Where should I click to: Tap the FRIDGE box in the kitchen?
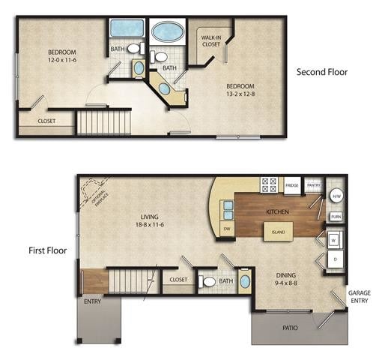pyautogui.click(x=291, y=185)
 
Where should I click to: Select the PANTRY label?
pyautogui.click(x=313, y=184)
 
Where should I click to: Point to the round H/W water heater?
pyautogui.click(x=336, y=196)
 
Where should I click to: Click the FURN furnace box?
pyautogui.click(x=336, y=217)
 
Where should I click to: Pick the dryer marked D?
pyautogui.click(x=334, y=260)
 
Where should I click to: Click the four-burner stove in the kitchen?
pyautogui.click(x=270, y=184)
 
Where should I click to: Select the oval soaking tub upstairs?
pyautogui.click(x=167, y=32)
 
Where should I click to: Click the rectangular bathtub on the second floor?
pyautogui.click(x=127, y=29)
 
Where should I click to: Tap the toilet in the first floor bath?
pyautogui.click(x=210, y=282)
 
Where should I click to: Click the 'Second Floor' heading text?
pyautogui.click(x=322, y=73)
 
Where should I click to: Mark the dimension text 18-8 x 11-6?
pyautogui.click(x=150, y=223)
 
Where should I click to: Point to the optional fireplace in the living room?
pyautogui.click(x=94, y=193)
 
